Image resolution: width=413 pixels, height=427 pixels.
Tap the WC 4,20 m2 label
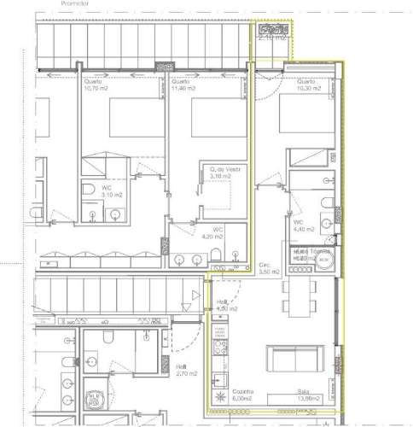pyautogui.click(x=218, y=232)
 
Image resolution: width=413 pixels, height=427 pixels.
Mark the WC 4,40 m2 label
pyautogui.click(x=303, y=225)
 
